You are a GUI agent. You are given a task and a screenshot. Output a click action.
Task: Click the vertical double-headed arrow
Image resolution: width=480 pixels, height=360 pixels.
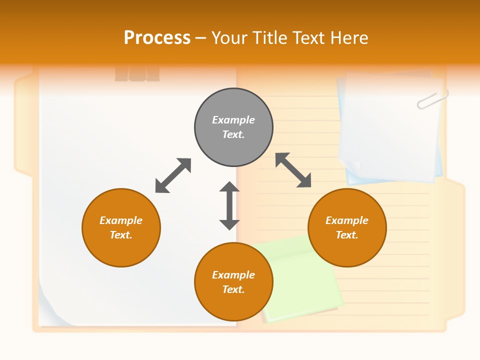(229, 205)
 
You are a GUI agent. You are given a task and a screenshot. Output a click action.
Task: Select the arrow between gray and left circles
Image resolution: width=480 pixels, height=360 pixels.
(173, 175)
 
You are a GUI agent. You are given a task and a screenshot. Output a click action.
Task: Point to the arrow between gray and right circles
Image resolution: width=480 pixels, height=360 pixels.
(293, 170)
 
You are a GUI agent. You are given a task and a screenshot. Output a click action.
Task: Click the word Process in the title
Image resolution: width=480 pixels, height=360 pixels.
(157, 37)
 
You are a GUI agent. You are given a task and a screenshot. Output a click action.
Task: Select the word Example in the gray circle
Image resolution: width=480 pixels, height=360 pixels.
(233, 120)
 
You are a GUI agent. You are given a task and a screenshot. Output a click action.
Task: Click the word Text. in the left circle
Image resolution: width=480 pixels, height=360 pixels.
(121, 235)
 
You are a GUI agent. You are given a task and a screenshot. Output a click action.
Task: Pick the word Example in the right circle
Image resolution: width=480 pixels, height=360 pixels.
(347, 220)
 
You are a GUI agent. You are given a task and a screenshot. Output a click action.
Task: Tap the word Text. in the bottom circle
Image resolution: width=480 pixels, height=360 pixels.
(233, 289)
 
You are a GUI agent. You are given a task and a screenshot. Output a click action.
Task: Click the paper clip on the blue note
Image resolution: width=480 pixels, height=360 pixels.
(432, 99)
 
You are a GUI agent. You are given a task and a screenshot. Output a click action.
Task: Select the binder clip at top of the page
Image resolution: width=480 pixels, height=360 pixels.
(137, 72)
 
